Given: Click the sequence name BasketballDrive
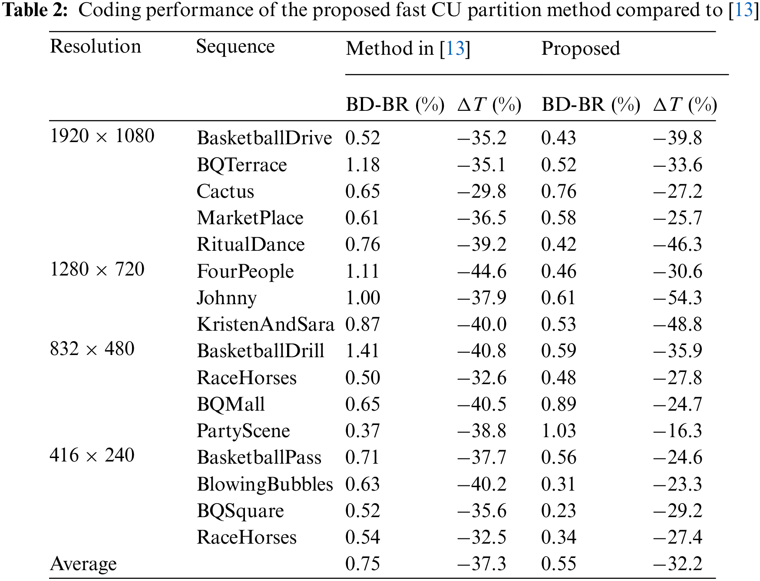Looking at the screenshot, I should tap(264, 138).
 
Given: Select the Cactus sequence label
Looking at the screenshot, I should tap(225, 192).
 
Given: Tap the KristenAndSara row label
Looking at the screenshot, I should tap(265, 325).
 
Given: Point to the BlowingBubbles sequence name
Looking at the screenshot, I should tap(264, 484).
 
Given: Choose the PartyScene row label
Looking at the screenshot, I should tap(243, 431).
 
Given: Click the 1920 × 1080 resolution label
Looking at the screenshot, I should tap(102, 136).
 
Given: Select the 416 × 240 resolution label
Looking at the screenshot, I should tap(92, 455).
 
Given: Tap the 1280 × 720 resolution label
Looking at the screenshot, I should tap(97, 269).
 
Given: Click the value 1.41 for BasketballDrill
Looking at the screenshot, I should tap(362, 351).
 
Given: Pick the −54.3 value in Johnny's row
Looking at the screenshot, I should tap(677, 298).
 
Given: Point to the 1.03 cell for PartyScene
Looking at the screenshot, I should tap(558, 431).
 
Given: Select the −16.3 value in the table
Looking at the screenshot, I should tap(677, 431).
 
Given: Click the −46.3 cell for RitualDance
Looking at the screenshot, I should tap(677, 245).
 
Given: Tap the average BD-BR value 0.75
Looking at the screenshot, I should tap(362, 564).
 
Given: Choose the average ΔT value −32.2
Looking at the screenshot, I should tap(677, 564).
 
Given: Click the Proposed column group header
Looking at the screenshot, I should tap(580, 49).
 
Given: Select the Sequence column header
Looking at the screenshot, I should tap(235, 46).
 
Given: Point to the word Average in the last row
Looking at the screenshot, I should tap(83, 564).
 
